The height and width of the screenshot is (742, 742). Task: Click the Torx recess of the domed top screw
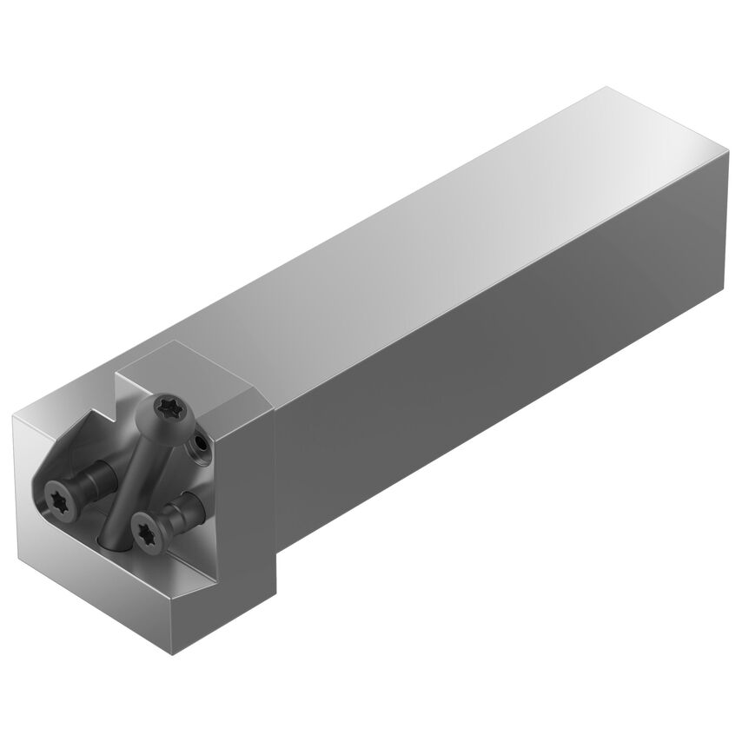164,406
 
